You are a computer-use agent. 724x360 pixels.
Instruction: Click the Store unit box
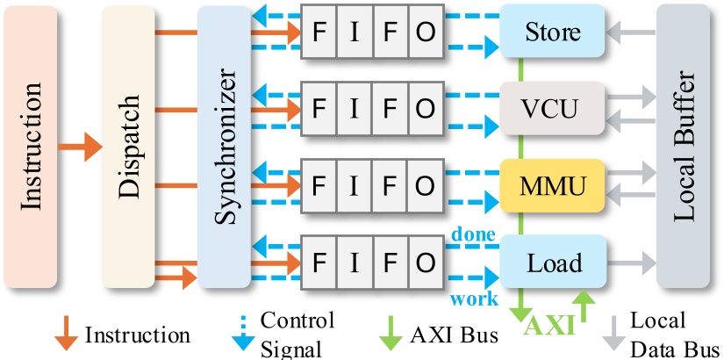tap(552, 32)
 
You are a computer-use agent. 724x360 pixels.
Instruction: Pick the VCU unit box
tap(552, 109)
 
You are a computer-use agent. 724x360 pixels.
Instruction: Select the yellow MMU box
tap(552, 185)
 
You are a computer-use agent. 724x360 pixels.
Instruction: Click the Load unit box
tap(552, 262)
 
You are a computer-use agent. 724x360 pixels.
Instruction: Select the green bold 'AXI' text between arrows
tap(548, 326)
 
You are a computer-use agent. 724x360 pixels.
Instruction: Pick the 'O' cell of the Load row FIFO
tap(424, 262)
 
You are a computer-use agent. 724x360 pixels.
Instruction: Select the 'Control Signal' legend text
tap(297, 335)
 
